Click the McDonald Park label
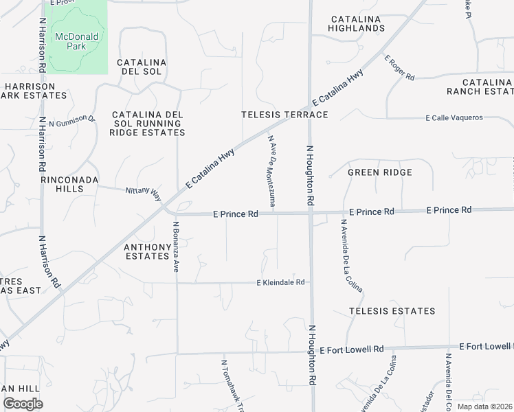(x=77, y=41)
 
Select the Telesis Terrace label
(x=284, y=115)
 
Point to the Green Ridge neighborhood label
(x=380, y=172)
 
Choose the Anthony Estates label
(x=146, y=251)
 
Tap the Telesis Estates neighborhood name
(x=392, y=311)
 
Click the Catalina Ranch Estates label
(x=480, y=87)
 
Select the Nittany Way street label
(x=142, y=192)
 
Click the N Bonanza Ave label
(x=176, y=247)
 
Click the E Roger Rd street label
(x=400, y=68)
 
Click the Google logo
(x=23, y=404)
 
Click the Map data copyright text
(x=484, y=407)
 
